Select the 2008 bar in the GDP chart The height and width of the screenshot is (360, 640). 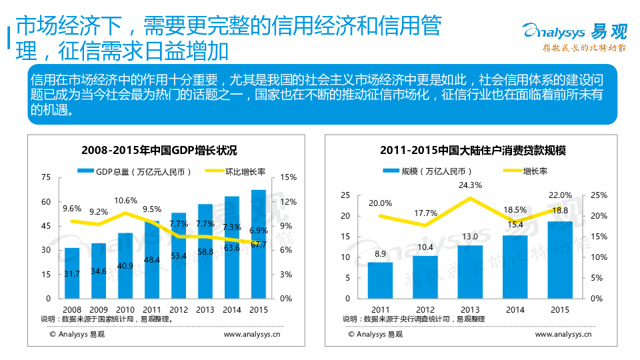(x=72, y=273)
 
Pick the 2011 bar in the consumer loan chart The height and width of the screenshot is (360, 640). (x=380, y=280)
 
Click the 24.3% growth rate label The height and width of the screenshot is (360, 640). (x=471, y=185)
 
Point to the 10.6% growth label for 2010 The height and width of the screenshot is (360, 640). (x=126, y=200)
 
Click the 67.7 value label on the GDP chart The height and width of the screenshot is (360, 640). (x=259, y=245)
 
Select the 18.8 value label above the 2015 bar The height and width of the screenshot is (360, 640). (x=559, y=210)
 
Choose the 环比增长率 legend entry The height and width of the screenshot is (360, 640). (x=236, y=171)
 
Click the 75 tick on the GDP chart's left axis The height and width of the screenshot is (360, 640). (x=46, y=177)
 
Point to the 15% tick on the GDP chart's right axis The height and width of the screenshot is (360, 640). (x=289, y=177)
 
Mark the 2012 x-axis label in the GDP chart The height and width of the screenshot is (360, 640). (x=179, y=309)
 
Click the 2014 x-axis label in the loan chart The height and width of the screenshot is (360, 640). (x=515, y=309)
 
